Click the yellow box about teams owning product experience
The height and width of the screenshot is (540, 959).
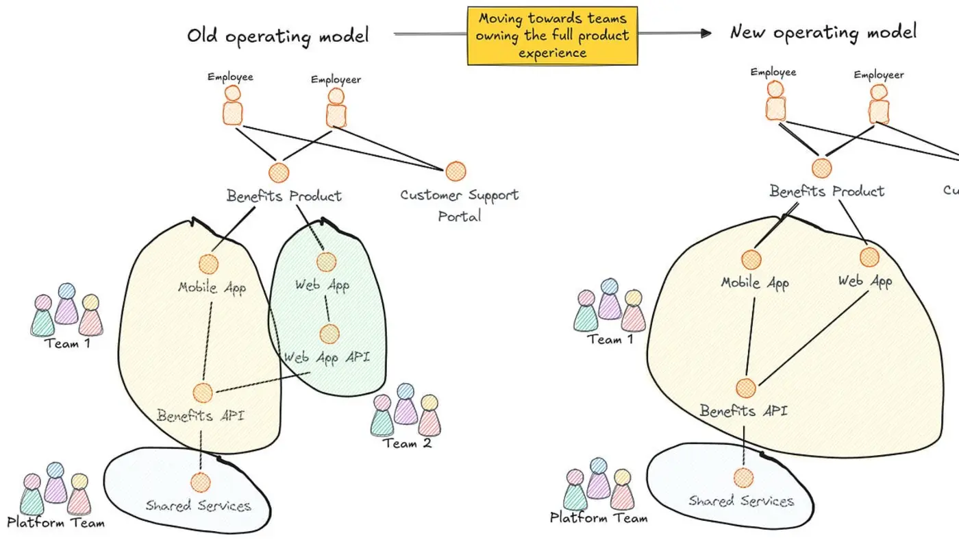pos(552,36)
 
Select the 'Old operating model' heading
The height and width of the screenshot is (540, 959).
pos(277,36)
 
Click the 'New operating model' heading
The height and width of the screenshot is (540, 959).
pos(823,32)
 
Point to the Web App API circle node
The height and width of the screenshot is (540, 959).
pos(329,334)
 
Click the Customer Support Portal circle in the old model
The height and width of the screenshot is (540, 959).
pos(456,171)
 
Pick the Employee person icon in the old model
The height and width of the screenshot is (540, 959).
pos(233,105)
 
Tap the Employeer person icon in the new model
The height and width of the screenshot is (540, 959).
pos(879,103)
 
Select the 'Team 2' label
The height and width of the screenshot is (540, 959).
pos(407,443)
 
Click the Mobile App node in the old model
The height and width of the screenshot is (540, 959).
pos(208,264)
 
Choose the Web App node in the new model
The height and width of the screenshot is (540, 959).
pos(869,257)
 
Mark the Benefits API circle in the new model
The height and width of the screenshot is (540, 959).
pos(746,389)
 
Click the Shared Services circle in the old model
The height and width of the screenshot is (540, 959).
pos(200,482)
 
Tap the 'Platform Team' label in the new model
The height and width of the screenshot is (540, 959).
pos(599,518)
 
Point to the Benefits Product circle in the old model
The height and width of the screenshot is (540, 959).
pos(279,173)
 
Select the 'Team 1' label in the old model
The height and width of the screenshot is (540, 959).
pos(67,343)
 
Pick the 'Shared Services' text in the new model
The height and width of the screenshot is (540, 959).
pos(741,501)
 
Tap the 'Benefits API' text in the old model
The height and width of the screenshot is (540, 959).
pos(200,415)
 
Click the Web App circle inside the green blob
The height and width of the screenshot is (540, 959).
pos(327,262)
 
